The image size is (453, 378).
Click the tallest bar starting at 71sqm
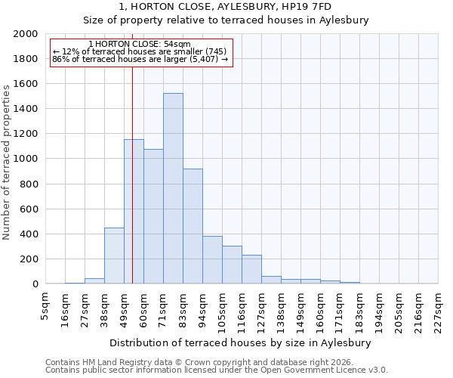173,188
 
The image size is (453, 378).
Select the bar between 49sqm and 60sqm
134,212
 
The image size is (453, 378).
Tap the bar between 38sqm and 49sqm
114,256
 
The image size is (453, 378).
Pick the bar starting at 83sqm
193,226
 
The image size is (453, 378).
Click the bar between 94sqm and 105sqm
212,260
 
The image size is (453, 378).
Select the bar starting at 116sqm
251,269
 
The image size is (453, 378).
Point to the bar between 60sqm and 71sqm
153,216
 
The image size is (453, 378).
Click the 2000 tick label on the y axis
26,34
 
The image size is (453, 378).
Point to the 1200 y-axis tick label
26,134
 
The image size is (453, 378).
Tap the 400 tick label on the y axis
29,234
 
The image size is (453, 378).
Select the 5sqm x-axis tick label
46,306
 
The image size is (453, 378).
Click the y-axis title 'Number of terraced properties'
7,162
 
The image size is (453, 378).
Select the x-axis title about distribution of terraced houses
241,342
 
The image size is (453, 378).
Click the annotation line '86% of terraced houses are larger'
140,59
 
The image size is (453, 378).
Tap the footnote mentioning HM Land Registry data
215,362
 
